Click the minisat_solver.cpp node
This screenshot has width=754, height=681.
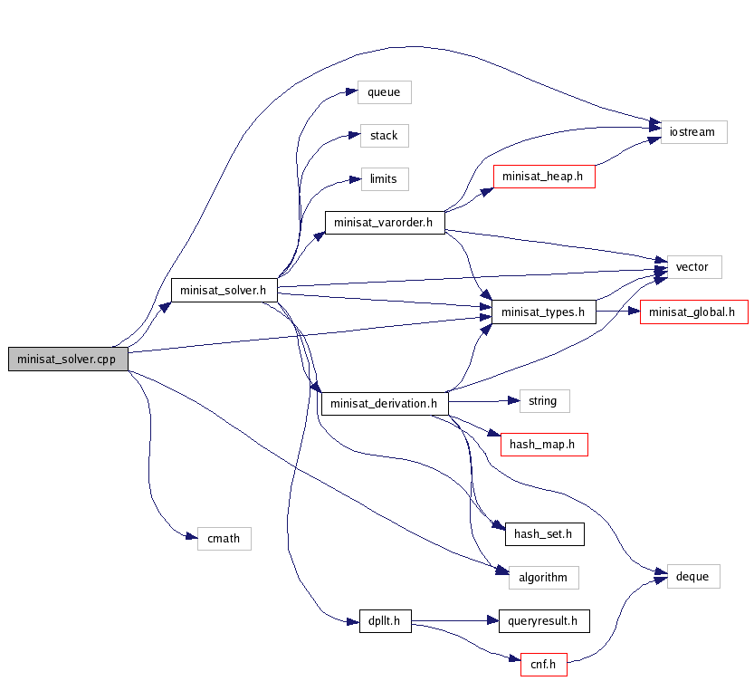click(x=68, y=359)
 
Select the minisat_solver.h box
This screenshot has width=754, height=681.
click(x=223, y=290)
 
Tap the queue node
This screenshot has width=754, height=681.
click(x=384, y=91)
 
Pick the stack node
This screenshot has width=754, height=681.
click(x=384, y=136)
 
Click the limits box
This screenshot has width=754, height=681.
click(x=384, y=178)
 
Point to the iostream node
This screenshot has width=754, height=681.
click(x=692, y=131)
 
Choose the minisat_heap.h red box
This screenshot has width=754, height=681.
click(x=543, y=176)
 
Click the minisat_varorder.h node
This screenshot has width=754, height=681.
click(x=384, y=222)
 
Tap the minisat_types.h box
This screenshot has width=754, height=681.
click(x=543, y=312)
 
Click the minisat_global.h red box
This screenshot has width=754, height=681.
click(x=694, y=312)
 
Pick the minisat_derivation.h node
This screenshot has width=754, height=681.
click(x=384, y=403)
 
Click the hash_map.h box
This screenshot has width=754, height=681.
click(x=543, y=444)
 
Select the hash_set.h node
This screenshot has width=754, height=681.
click(x=543, y=534)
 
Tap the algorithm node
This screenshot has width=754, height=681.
click(x=543, y=577)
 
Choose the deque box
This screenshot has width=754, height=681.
click(x=692, y=576)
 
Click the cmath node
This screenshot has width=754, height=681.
click(x=224, y=538)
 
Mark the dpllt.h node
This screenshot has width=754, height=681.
click(x=384, y=620)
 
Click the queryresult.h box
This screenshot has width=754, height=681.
click(x=544, y=620)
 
